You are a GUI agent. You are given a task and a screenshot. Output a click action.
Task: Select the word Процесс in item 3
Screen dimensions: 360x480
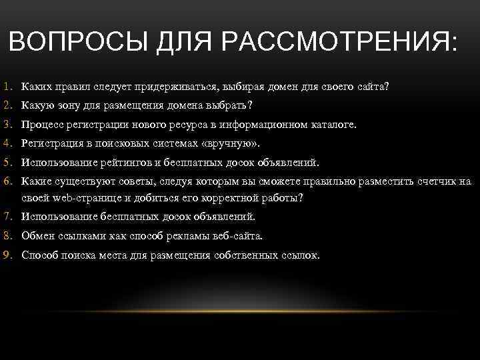coord(41,124)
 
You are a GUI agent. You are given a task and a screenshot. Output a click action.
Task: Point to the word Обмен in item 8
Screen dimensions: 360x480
coord(37,235)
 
